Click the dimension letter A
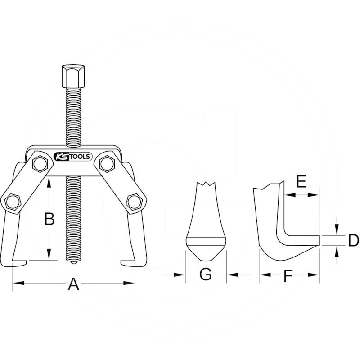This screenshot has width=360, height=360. pyautogui.click(x=73, y=284)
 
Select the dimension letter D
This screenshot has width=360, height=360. pyautogui.click(x=353, y=240)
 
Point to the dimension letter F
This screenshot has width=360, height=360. pyautogui.click(x=289, y=275)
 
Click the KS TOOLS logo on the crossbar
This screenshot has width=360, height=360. pyautogui.click(x=73, y=157)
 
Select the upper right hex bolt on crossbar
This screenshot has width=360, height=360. pyautogui.click(x=107, y=163)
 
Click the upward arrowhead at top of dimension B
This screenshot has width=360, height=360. pyautogui.click(x=48, y=180)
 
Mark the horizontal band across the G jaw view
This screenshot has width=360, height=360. pyautogui.click(x=206, y=240)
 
